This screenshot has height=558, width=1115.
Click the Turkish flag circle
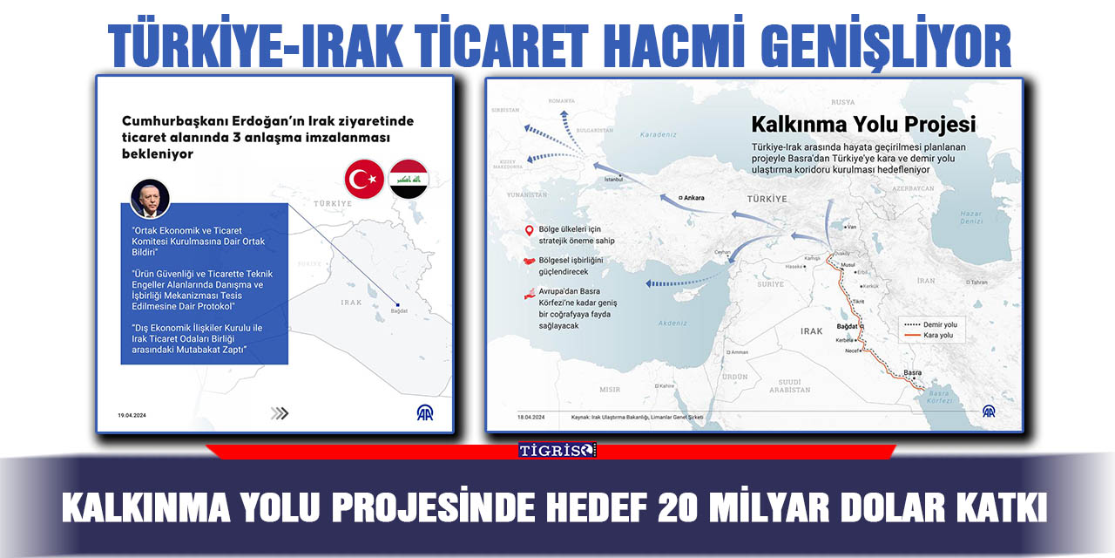(364, 180)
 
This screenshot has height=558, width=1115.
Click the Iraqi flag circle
(408, 180)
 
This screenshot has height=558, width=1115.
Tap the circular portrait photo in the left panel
(150, 200)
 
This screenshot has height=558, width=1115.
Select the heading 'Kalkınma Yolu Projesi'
(863, 125)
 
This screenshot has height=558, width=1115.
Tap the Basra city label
(912, 372)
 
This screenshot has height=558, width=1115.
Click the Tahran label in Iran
(978, 282)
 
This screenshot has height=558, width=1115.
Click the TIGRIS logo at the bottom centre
(557, 450)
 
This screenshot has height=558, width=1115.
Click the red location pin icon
(528, 231)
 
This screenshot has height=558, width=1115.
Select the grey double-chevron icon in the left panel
(280, 413)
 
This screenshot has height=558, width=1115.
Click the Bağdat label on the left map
(399, 310)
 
